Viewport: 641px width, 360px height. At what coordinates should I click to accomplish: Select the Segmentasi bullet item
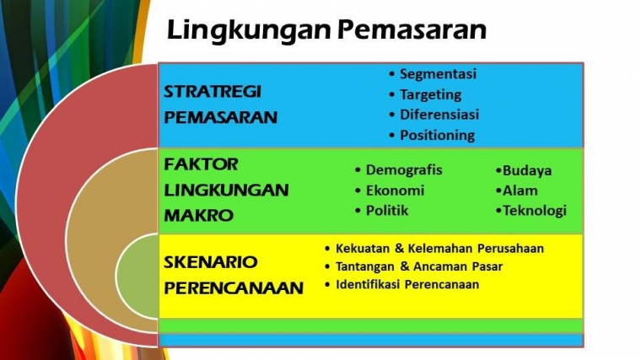tap(438, 73)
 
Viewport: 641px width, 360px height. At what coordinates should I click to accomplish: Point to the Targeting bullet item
tap(430, 94)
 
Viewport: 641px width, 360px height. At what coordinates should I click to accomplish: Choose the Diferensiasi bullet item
tap(439, 115)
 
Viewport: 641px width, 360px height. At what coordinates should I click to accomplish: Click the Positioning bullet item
tap(437, 135)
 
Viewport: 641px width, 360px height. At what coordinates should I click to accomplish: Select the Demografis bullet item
tap(403, 170)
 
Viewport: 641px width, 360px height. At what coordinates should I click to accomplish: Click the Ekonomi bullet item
tap(394, 191)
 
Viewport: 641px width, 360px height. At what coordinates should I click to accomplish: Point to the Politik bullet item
tap(387, 211)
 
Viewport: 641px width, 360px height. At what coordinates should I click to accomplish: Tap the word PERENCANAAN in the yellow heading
tap(233, 288)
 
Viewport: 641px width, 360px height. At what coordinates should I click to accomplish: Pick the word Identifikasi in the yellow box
tap(369, 285)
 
